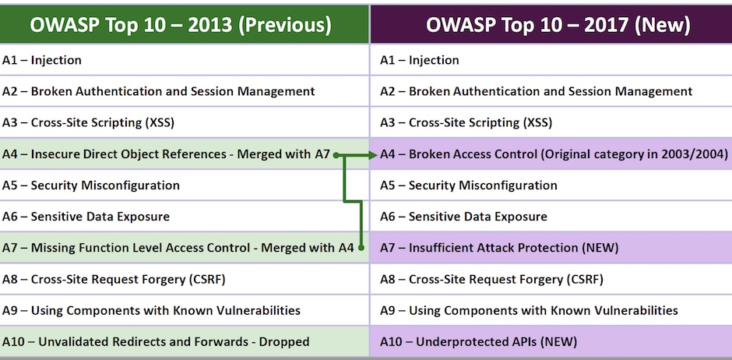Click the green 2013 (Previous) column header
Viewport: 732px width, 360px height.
click(181, 24)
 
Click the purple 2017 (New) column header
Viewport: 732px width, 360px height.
click(558, 24)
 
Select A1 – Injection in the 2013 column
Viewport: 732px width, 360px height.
click(42, 60)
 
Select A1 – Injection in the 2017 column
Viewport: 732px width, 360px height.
click(420, 60)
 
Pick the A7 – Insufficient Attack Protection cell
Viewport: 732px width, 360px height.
click(498, 248)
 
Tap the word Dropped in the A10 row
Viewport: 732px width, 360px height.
click(284, 341)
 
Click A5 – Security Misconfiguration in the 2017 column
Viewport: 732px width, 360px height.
click(468, 185)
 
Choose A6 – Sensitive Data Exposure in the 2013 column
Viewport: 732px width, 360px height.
click(86, 217)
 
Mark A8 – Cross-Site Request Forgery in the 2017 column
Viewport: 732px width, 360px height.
click(491, 279)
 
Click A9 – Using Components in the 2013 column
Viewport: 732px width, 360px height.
click(151, 310)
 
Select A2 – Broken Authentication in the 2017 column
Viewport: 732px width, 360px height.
click(536, 91)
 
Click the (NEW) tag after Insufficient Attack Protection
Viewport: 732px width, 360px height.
click(600, 248)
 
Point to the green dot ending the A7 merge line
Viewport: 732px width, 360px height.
click(361, 248)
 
